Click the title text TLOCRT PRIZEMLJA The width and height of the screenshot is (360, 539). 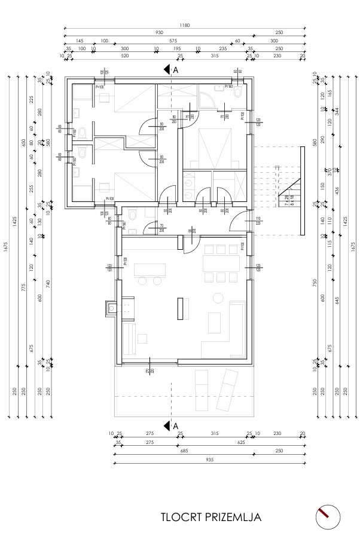[210, 516]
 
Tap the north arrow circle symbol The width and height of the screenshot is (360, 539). [327, 516]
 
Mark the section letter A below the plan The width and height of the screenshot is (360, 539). [176, 425]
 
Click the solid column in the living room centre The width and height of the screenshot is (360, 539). [179, 309]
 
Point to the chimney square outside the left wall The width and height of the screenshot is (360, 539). [111, 309]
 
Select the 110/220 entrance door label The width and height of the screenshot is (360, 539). [258, 219]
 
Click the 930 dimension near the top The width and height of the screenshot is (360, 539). [158, 33]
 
